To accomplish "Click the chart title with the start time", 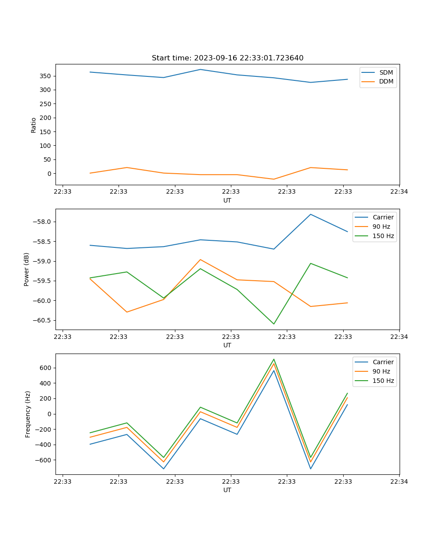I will pos(227,58).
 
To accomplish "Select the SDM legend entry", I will pos(386,72).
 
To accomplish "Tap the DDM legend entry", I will pos(386,81).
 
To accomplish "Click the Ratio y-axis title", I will pos(34,125).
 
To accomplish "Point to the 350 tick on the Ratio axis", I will pos(45,76).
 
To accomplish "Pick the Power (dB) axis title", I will pos(27,269).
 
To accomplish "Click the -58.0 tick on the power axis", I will pos(43,222).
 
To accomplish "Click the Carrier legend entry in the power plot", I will pos(383,217).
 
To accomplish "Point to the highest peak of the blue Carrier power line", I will pos(310,215).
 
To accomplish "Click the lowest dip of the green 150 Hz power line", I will pos(274,324).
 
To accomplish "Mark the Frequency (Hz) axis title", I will pos(28,414).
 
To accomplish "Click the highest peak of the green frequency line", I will pos(274,359).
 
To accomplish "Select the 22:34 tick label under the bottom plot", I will pos(399,481).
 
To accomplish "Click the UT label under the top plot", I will pos(227,200).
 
